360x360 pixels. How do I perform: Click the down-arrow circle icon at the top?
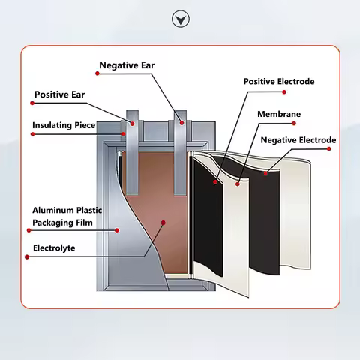click(181, 19)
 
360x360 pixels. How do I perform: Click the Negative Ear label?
click(127, 65)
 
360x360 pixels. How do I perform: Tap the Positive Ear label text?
click(59, 94)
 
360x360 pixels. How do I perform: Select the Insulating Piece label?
click(64, 125)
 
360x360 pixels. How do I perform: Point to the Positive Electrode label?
click(279, 82)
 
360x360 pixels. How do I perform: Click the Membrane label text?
click(279, 114)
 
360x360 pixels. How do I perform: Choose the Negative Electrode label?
click(298, 140)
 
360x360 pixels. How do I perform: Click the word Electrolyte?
click(54, 248)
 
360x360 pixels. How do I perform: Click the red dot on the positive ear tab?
click(132, 124)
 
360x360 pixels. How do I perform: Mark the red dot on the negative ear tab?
click(181, 123)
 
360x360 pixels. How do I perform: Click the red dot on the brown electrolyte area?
click(163, 223)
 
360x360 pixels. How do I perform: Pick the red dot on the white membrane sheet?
click(238, 184)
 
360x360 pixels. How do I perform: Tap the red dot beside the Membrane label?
click(294, 123)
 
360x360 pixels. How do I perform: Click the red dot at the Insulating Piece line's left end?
click(32, 134)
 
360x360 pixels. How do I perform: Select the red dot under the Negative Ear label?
click(97, 73)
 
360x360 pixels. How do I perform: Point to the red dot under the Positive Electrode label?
click(284, 92)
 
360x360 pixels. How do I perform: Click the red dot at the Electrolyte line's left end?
click(27, 256)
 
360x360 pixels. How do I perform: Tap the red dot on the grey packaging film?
click(117, 230)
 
